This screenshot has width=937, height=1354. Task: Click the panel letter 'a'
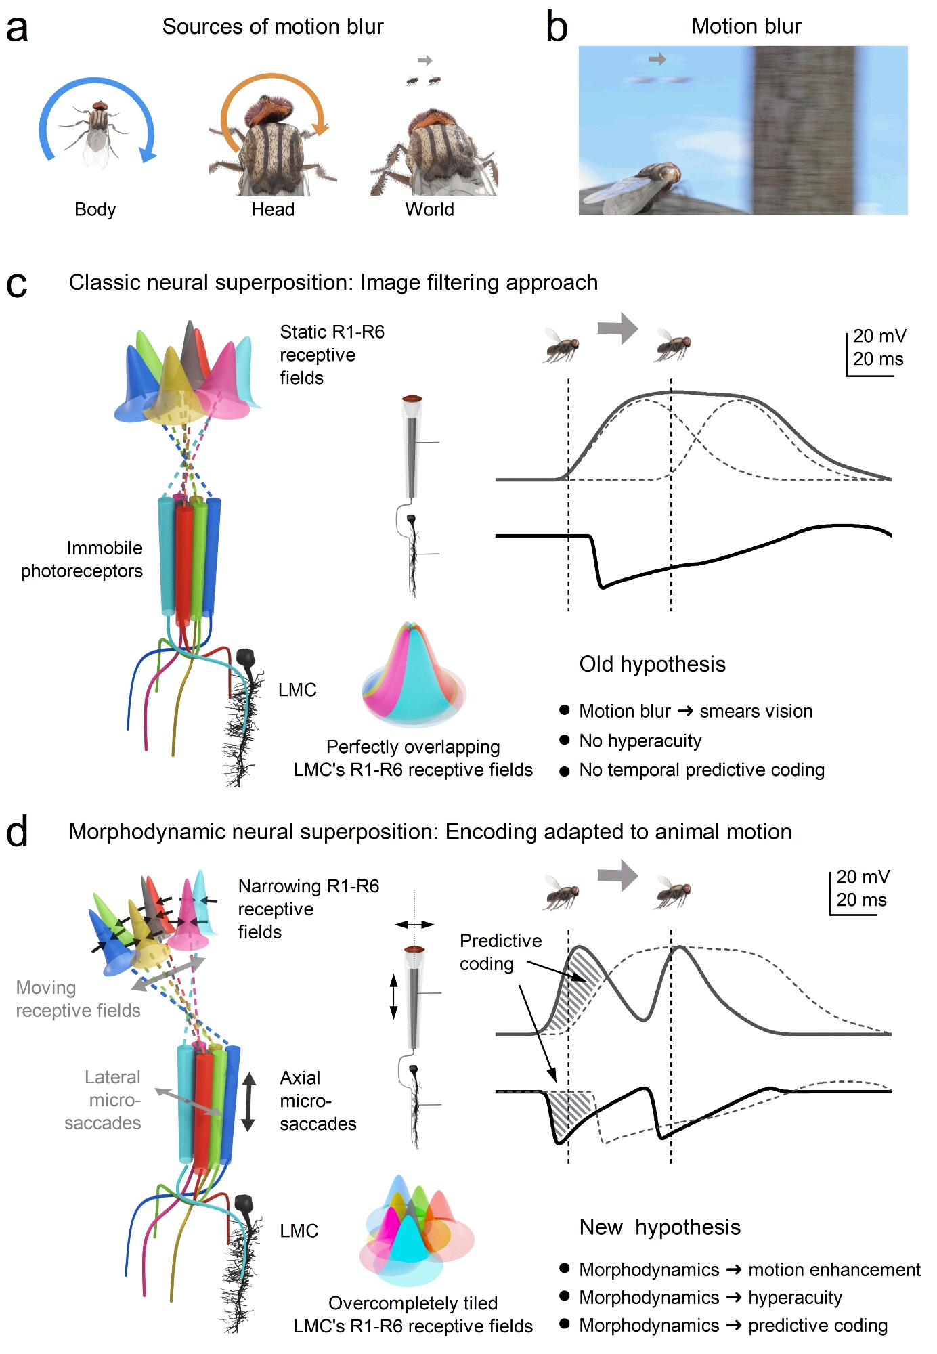(17, 30)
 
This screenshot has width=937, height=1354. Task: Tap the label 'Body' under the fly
(95, 209)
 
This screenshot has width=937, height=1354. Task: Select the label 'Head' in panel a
(273, 209)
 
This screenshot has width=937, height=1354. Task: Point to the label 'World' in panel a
(429, 209)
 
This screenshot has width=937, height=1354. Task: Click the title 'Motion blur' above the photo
(746, 26)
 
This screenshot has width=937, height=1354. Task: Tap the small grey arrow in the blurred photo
(657, 60)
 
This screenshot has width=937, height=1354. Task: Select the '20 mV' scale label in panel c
(879, 336)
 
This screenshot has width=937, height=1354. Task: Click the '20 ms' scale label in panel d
(861, 900)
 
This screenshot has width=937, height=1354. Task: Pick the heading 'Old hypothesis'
(652, 664)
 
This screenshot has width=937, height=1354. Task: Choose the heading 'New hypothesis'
(659, 1227)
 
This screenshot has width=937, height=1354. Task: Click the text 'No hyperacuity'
(640, 741)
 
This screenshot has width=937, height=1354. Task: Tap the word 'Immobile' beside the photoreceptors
(104, 548)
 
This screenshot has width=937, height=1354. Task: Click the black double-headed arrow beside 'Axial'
(248, 1101)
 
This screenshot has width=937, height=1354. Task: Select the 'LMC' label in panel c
(297, 690)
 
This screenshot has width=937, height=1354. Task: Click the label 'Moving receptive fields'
(78, 999)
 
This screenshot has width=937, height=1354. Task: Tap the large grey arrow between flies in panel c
(617, 329)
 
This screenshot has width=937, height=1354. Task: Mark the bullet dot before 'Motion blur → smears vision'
(564, 710)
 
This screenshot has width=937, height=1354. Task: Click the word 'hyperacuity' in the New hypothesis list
(795, 1298)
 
